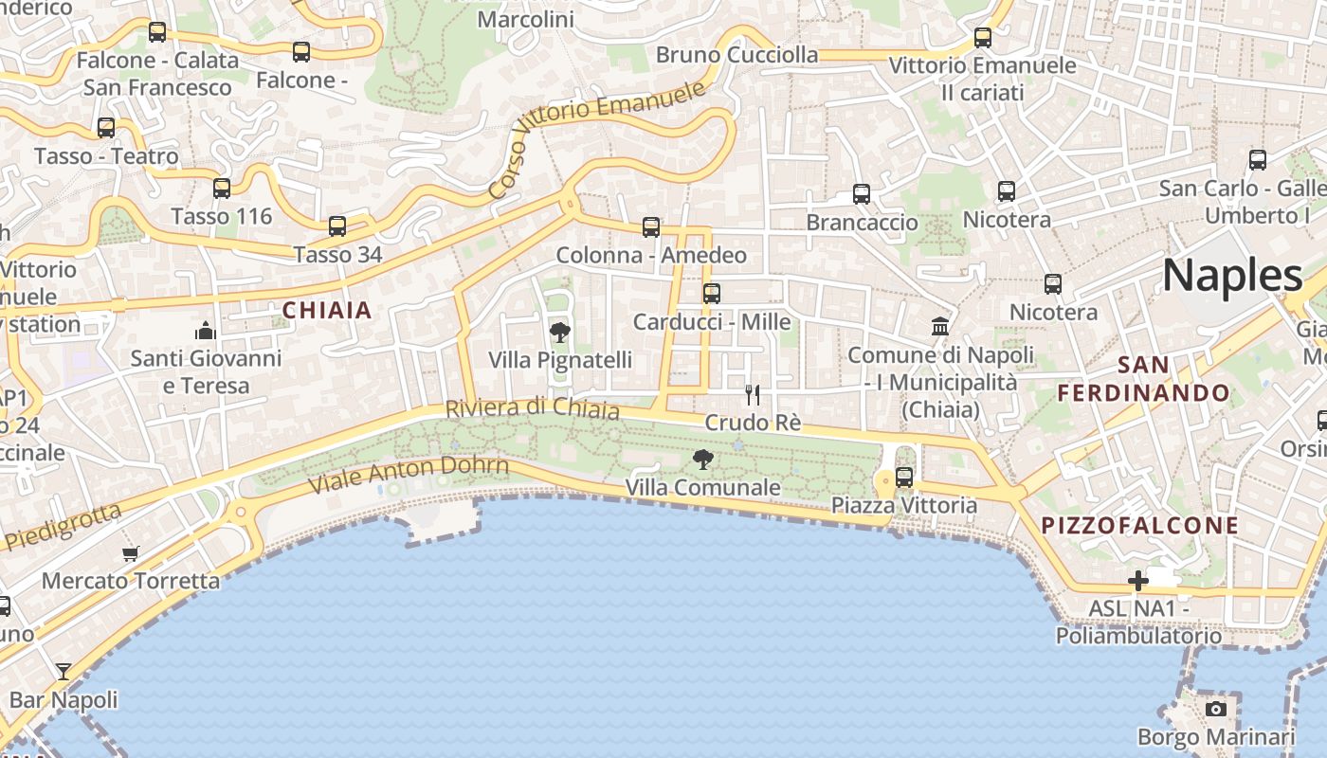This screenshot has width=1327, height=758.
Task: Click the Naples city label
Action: pos(1232,276)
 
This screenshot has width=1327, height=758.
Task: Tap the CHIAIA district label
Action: pos(327,310)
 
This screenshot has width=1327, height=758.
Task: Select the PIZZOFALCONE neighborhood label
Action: pos(1140,525)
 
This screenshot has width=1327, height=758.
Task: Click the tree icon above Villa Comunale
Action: pos(703,460)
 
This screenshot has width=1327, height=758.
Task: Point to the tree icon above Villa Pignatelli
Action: pos(560,332)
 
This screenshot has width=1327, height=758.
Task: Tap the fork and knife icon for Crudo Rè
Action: pos(753,394)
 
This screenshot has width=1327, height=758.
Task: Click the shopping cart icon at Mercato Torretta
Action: pos(131,552)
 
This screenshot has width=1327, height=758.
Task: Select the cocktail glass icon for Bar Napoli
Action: pos(64,672)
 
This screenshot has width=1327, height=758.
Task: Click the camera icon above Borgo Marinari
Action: pos(1215,709)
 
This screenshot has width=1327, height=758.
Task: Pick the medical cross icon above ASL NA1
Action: pos(1138,580)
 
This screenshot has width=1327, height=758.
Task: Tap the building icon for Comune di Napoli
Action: pos(940,327)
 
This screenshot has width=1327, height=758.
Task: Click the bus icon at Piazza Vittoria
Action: pos(904,477)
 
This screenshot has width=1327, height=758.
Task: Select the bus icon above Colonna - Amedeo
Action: pos(651,227)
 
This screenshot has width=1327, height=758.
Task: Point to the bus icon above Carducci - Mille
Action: pos(712,294)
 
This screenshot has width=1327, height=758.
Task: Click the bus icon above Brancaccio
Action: pos(862,194)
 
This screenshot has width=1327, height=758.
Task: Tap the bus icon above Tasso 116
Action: pos(222,189)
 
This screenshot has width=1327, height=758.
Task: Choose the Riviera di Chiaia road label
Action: pos(532,408)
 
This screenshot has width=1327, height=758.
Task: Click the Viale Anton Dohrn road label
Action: pos(409,474)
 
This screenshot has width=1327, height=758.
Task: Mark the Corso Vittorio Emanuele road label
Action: pos(597,138)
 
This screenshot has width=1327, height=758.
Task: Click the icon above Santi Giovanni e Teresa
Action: pos(206,331)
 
